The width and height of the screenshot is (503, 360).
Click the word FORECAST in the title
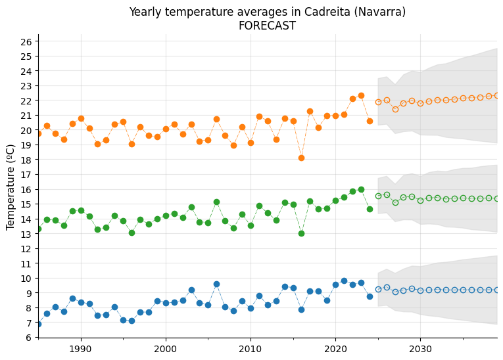tap(267, 26)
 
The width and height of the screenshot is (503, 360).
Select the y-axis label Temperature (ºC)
tap(11, 187)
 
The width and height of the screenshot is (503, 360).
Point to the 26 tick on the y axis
tap(26, 41)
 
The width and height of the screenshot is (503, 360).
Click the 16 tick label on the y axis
tap(26, 189)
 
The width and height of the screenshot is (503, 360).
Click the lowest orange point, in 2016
tap(301, 158)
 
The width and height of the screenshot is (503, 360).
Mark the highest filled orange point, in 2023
tap(361, 95)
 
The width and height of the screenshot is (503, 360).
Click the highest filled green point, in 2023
tap(361, 189)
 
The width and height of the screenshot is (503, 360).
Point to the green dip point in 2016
tap(301, 233)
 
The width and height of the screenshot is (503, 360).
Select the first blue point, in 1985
tap(38, 324)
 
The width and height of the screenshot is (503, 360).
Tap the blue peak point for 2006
tap(216, 284)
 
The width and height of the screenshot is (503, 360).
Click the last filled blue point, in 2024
tap(370, 296)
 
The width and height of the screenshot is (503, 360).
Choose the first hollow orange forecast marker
tap(378, 102)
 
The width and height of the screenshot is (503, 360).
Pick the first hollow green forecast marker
tap(378, 196)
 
